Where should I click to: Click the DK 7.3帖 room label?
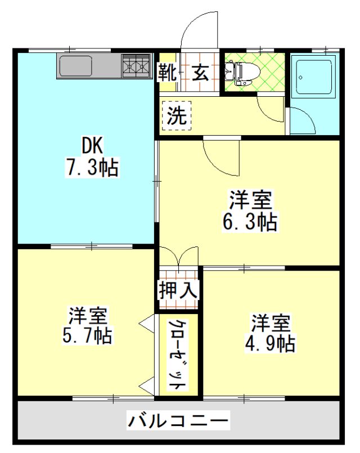click(92, 156)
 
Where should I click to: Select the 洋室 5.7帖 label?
click(87, 325)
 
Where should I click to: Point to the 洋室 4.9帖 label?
click(270, 332)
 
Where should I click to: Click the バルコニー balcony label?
click(178, 420)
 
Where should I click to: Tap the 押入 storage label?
click(178, 289)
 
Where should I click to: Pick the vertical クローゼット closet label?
click(177, 355)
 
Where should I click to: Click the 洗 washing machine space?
click(177, 115)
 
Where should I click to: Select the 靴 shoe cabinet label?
click(167, 73)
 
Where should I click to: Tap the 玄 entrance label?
click(200, 73)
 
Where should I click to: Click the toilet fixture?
click(242, 73)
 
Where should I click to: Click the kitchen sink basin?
click(75, 66)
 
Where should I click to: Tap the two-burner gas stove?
click(136, 66)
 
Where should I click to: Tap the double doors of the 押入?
click(179, 255)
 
